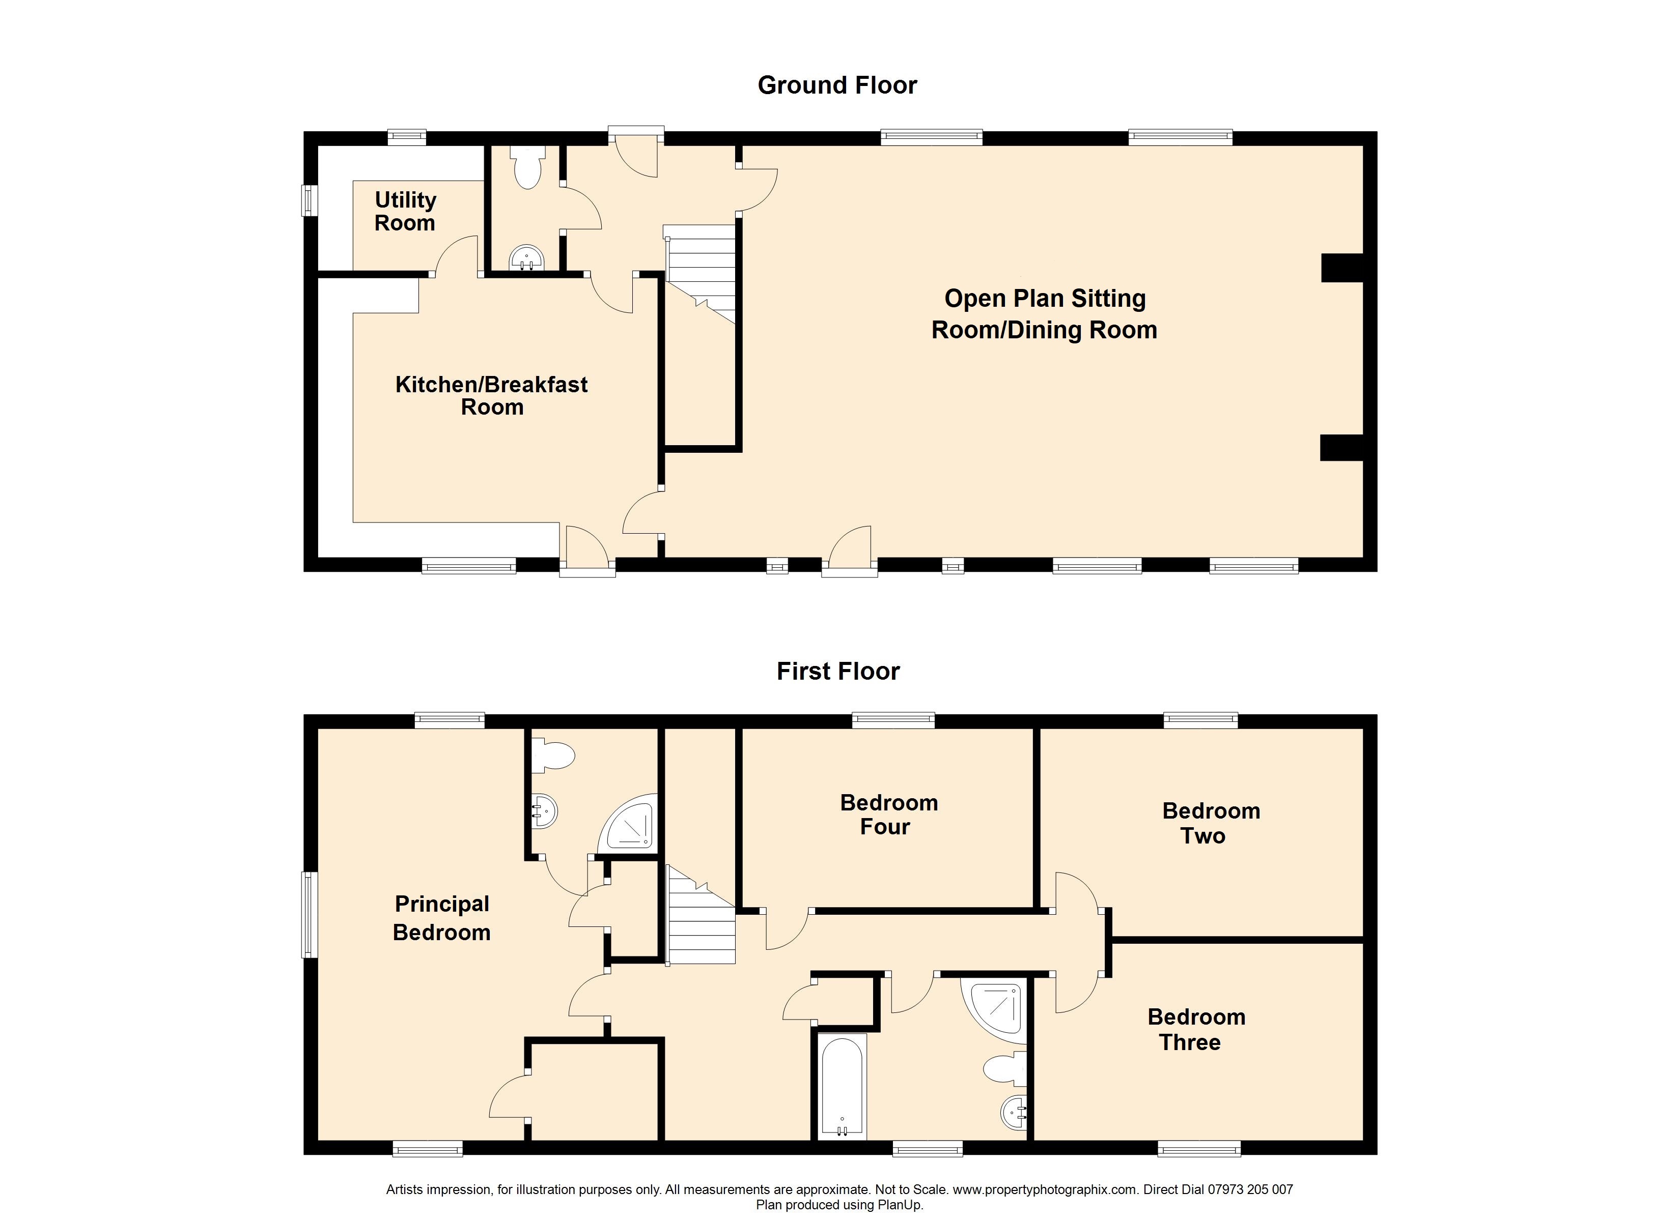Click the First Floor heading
pyautogui.click(x=838, y=671)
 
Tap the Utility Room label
pyautogui.click(x=405, y=211)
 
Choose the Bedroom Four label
pyautogui.click(x=888, y=815)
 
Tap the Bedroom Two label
pyautogui.click(x=1211, y=823)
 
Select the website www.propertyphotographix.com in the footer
pyautogui.click(x=1045, y=1190)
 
